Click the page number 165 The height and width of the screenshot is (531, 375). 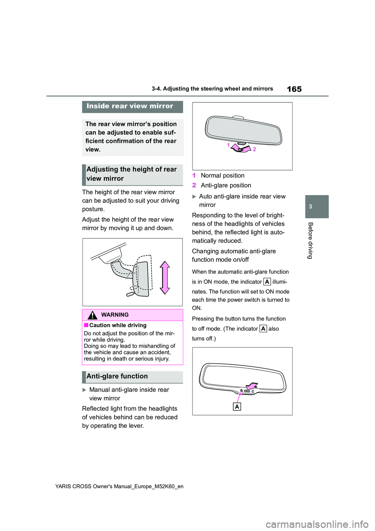tap(294, 89)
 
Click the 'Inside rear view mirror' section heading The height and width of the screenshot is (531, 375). tap(130, 106)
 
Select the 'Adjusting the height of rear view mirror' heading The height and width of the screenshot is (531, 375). tap(132, 174)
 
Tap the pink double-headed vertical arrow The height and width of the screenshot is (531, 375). tap(165, 278)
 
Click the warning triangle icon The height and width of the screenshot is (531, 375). tap(92, 315)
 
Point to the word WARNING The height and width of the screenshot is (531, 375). tap(115, 315)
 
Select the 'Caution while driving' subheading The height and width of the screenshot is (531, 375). tap(118, 325)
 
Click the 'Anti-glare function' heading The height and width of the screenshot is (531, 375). tap(117, 376)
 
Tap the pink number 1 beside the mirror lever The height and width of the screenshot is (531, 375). tap(229, 145)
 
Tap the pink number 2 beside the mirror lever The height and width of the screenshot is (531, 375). tap(254, 149)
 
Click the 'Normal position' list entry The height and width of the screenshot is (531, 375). tap(222, 176)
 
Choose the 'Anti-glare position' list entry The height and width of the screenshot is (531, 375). tap(226, 185)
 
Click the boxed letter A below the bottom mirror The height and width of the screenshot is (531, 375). tap(237, 407)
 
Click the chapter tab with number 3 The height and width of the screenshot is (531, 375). tap(311, 206)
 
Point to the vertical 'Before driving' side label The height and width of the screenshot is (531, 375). tap(311, 240)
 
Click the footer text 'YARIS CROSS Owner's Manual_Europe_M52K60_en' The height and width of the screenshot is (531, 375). tap(119, 486)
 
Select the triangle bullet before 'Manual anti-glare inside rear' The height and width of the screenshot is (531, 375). tap(84, 390)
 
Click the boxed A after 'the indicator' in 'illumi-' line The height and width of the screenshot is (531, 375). tap(267, 282)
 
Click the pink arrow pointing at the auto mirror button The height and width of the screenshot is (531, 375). tap(252, 386)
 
